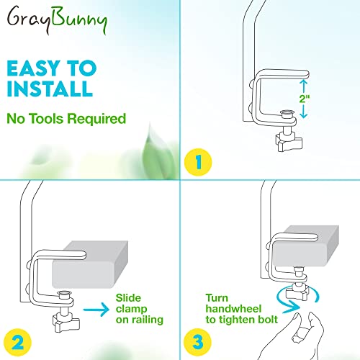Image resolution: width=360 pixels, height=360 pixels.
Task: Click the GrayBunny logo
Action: click(x=57, y=19)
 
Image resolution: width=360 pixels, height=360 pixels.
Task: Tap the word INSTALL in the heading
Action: click(x=50, y=89)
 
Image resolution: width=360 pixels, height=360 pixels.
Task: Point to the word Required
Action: click(x=96, y=119)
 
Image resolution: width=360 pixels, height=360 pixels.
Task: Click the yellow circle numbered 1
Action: click(x=198, y=162)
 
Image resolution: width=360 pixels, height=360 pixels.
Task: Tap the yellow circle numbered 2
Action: click(x=17, y=342)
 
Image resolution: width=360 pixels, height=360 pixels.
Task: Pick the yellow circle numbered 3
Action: click(x=197, y=342)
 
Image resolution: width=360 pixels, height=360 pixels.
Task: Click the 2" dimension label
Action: click(x=305, y=99)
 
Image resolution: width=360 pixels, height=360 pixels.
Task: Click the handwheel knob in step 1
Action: click(x=289, y=143)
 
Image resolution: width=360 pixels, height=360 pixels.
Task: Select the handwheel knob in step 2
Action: click(x=66, y=323)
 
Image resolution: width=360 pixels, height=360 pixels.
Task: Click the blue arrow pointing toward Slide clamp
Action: click(x=96, y=310)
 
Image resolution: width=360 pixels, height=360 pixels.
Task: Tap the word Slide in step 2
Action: click(x=128, y=298)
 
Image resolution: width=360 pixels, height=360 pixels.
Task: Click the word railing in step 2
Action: click(x=148, y=320)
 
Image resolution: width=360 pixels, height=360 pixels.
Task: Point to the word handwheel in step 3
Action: click(x=233, y=309)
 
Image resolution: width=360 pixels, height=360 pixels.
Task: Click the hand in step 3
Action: click(x=295, y=337)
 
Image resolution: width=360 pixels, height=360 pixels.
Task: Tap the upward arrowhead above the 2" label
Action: click(x=304, y=82)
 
